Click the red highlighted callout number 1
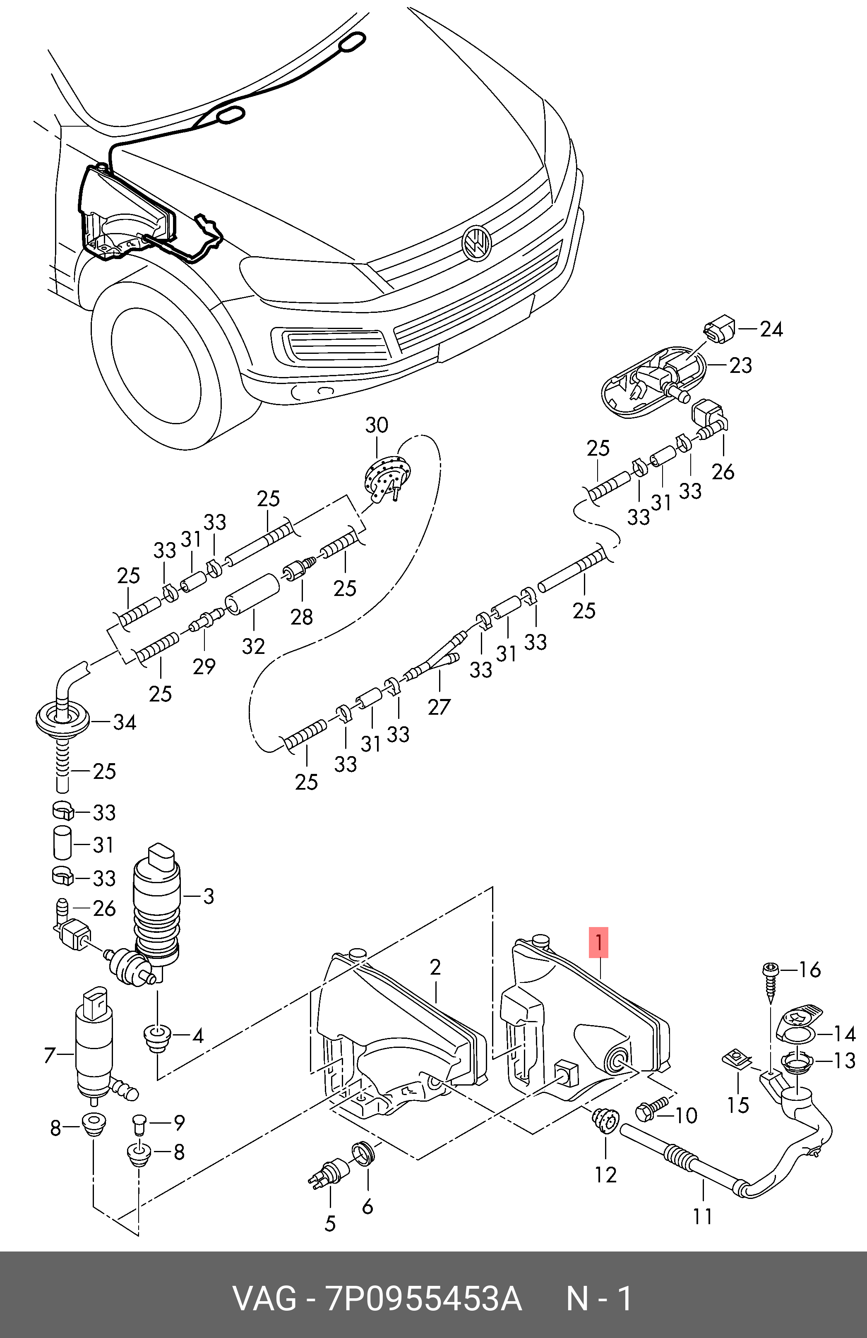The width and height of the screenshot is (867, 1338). pyautogui.click(x=599, y=942)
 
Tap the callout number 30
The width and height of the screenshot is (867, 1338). pyautogui.click(x=376, y=425)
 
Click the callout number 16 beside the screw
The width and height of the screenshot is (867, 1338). pyautogui.click(x=809, y=970)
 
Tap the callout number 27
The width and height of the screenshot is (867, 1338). pyautogui.click(x=439, y=707)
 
